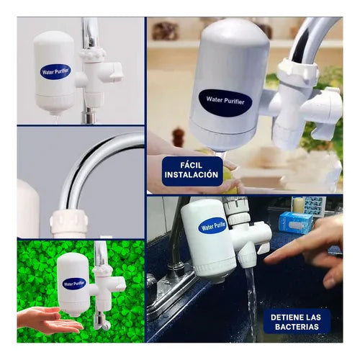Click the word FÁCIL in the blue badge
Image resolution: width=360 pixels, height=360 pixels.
[x=192, y=165]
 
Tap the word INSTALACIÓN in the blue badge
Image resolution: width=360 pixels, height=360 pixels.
[x=192, y=175]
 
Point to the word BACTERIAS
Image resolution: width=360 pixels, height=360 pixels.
[x=297, y=327]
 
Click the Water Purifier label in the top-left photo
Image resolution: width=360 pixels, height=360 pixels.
[x=55, y=71]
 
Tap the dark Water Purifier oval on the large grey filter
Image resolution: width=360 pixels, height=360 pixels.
[x=225, y=103]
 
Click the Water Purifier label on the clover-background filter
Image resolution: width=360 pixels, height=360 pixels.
[x=74, y=284]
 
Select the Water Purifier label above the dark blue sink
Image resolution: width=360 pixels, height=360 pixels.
[x=212, y=226]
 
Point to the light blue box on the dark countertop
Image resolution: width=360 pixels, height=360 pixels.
[x=296, y=222]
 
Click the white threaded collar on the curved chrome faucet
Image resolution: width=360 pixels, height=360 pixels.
[x=69, y=222]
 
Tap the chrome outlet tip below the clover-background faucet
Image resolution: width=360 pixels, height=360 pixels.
[x=102, y=322]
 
